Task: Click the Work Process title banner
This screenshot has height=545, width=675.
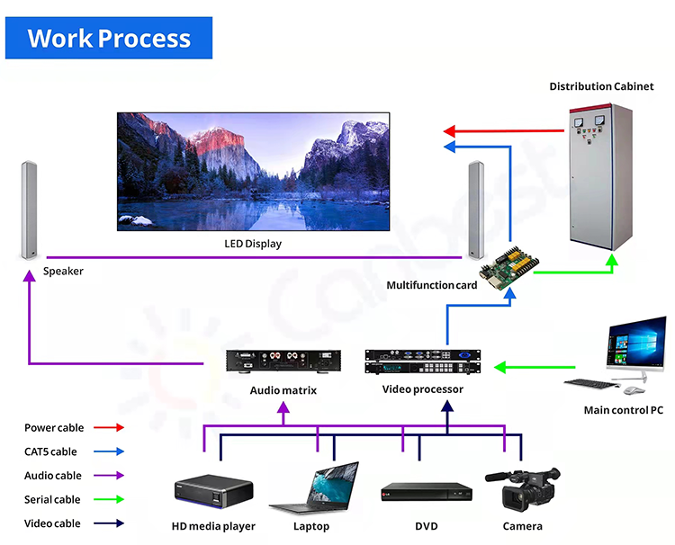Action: coord(109,39)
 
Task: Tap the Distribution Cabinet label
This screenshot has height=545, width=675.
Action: coord(601,86)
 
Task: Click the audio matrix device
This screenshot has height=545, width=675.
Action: coord(283,360)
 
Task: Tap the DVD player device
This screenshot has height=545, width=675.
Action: coord(426,492)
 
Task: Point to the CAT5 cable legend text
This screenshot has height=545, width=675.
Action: coord(50,451)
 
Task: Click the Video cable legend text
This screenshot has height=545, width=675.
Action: coord(52,523)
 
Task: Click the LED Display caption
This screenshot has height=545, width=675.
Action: coord(253,244)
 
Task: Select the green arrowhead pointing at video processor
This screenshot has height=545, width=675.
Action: coord(501,367)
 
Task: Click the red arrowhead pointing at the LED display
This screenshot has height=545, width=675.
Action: coord(450,130)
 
